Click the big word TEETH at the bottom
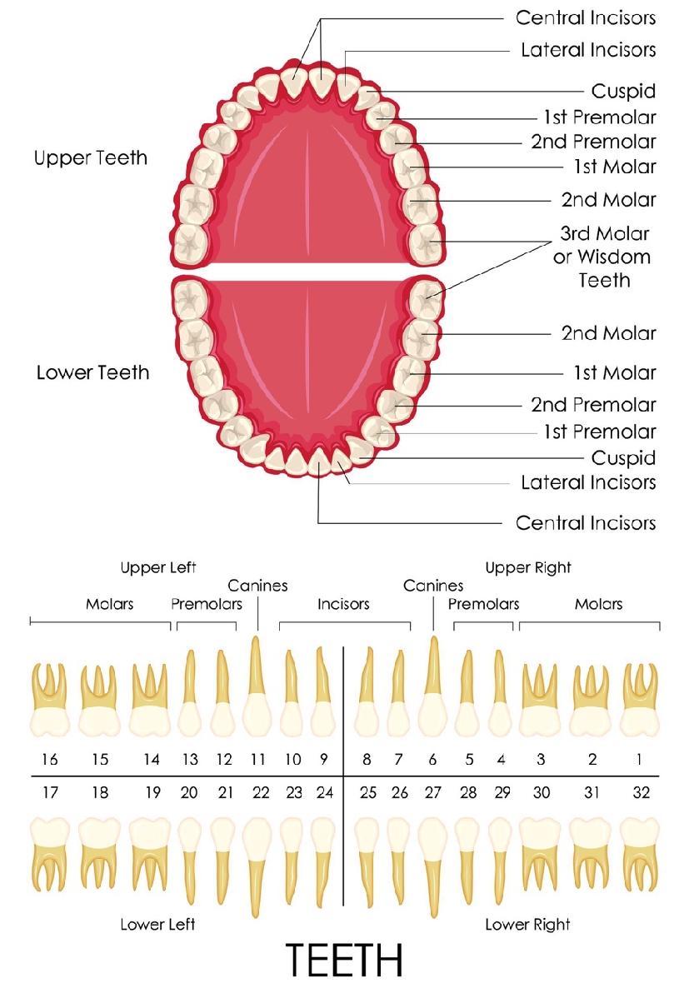tap(344, 959)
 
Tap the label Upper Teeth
tap(91, 157)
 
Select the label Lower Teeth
tap(92, 372)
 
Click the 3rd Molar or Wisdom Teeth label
tap(602, 257)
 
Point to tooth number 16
tap(50, 759)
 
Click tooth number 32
tap(641, 793)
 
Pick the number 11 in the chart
tap(257, 759)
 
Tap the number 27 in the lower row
tap(432, 793)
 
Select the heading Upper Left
tap(158, 567)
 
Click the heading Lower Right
tap(527, 925)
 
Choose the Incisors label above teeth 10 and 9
tap(343, 604)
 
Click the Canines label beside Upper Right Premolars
tap(433, 586)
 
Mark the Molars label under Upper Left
tap(110, 604)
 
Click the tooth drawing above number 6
tap(433, 686)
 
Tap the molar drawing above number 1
tap(641, 700)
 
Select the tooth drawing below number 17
tap(50, 854)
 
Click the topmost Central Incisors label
tap(586, 17)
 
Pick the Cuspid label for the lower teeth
tap(623, 457)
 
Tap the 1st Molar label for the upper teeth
tap(615, 167)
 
